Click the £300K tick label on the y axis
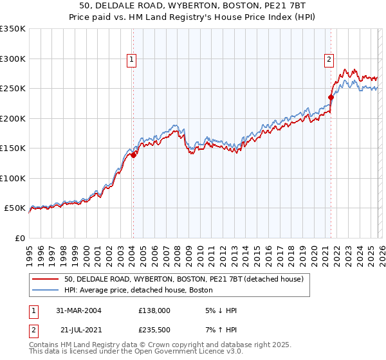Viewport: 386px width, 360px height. pyautogui.click(x=13, y=59)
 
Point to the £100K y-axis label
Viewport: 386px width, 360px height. pyautogui.click(x=13, y=178)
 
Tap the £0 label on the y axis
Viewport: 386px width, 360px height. pyautogui.click(x=19, y=238)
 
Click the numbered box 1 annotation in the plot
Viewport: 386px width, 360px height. pyautogui.click(x=131, y=60)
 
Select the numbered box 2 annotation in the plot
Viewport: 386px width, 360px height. pyautogui.click(x=329, y=60)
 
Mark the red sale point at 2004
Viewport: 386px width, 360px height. pyautogui.click(x=134, y=155)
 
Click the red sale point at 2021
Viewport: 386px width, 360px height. pyautogui.click(x=331, y=97)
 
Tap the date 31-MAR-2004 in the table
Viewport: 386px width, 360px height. pyautogui.click(x=78, y=310)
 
